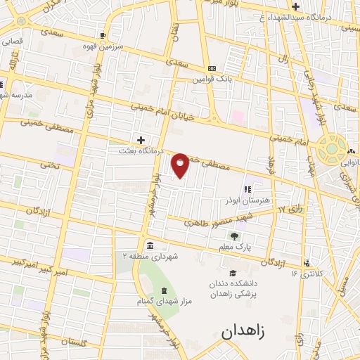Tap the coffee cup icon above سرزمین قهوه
click(103, 35)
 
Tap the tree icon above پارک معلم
click(234, 236)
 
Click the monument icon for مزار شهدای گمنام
click(164, 291)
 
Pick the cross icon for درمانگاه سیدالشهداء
click(297, 6)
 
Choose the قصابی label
click(12, 41)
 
